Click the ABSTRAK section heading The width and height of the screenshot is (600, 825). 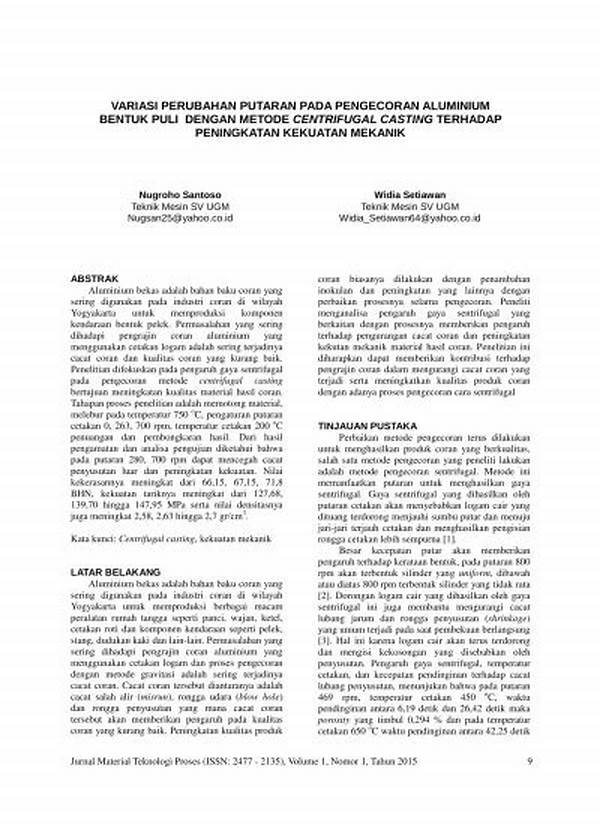[x=97, y=277]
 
